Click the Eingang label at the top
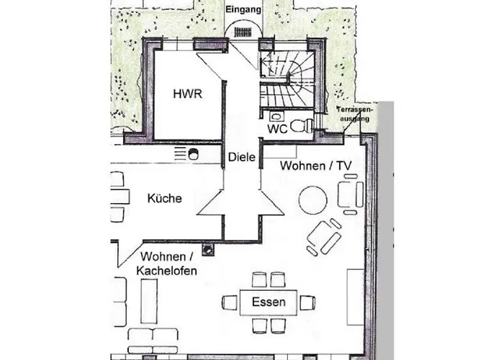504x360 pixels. tap(243, 9)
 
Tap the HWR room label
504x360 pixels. tap(188, 94)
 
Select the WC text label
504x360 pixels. tap(277, 129)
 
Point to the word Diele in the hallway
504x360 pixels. tap(242, 157)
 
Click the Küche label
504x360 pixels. tap(165, 198)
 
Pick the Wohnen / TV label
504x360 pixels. tap(315, 166)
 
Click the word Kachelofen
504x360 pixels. tap(166, 271)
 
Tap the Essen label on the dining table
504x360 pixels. tap(269, 302)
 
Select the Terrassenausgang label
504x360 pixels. tap(354, 114)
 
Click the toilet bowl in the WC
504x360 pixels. tap(302, 126)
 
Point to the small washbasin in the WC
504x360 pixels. tap(276, 116)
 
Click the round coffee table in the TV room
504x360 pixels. tap(312, 200)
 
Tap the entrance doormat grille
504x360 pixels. tap(243, 32)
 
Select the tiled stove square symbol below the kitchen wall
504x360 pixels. tap(207, 248)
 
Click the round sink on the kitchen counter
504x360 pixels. tap(193, 154)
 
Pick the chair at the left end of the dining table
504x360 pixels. tap(230, 302)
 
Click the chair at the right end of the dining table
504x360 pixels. tap(307, 302)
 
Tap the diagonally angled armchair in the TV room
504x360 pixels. tap(324, 237)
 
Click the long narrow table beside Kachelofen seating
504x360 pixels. tap(149, 301)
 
